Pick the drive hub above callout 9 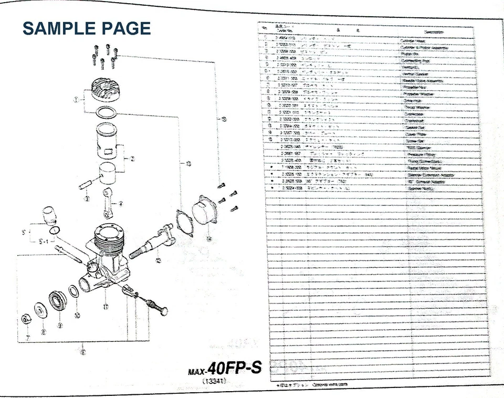[57, 302]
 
